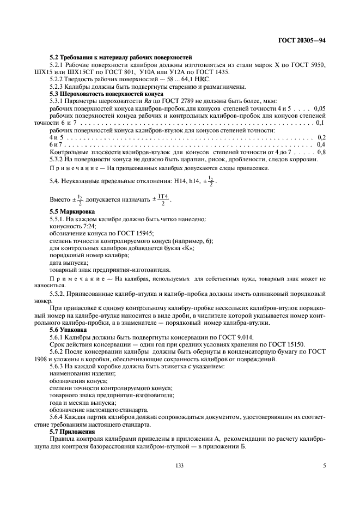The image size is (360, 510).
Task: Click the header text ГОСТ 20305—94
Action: [302, 41]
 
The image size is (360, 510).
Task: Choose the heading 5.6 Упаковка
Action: [70, 330]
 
